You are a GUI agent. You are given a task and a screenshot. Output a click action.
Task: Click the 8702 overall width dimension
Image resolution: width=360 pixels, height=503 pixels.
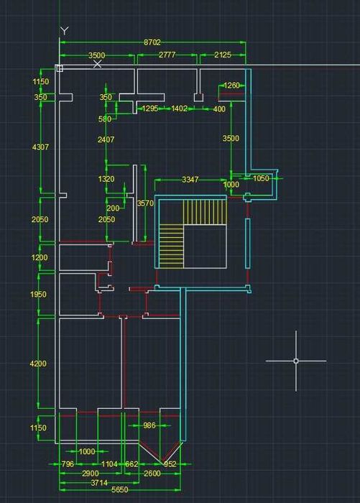(152, 42)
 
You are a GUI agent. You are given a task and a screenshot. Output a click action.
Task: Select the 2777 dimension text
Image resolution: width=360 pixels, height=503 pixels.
(167, 55)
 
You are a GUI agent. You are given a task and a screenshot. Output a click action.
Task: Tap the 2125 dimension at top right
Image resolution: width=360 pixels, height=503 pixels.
(223, 55)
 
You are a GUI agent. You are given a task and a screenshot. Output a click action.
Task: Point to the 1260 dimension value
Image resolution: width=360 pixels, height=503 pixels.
(231, 86)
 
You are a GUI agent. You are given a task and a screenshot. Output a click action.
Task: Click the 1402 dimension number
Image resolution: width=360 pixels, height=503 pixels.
(179, 109)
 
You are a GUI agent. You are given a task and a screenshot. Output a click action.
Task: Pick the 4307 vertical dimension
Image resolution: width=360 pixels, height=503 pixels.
(41, 147)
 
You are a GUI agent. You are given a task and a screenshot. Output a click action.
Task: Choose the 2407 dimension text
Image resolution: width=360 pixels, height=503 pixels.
(106, 139)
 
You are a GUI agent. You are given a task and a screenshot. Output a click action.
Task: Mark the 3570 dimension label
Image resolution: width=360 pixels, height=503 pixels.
(145, 203)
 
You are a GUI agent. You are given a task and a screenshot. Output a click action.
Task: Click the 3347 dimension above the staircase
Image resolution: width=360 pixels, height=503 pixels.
(190, 180)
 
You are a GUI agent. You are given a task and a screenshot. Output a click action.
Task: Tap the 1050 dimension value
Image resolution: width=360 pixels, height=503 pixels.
(261, 178)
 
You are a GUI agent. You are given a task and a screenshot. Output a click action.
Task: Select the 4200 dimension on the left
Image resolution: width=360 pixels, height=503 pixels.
(38, 364)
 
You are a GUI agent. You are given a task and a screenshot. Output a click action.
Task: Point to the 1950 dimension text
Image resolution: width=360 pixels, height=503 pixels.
(38, 295)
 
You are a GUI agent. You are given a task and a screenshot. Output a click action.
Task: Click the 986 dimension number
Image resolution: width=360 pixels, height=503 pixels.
(149, 425)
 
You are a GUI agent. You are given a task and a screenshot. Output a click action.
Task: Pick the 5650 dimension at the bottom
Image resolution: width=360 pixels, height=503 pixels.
(120, 490)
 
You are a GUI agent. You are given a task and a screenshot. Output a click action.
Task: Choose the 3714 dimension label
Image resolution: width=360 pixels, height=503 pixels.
(99, 483)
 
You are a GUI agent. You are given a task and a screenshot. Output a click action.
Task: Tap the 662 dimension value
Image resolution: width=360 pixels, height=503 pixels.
(131, 464)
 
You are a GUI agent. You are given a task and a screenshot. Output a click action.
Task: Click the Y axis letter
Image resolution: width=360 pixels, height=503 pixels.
(65, 31)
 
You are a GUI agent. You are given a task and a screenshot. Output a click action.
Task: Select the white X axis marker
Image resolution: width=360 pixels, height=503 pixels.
(97, 64)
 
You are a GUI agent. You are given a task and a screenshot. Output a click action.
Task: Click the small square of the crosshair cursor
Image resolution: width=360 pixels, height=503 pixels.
(296, 361)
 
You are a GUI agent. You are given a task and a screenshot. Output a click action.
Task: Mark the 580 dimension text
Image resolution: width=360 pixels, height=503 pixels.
(105, 119)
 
